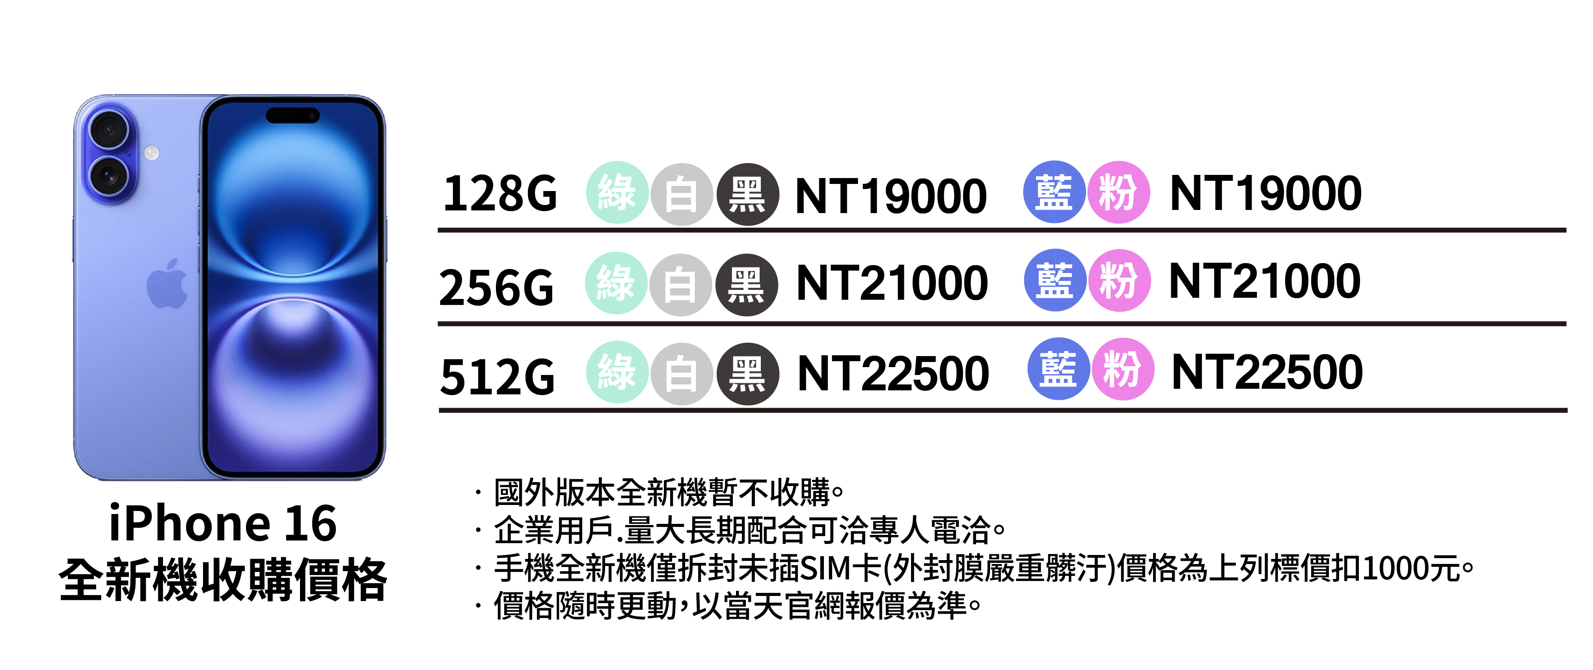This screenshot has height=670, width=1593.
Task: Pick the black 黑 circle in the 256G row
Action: click(746, 285)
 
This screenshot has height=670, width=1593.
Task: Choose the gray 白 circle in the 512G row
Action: click(682, 374)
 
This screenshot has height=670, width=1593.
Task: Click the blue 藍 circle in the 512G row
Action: click(1058, 369)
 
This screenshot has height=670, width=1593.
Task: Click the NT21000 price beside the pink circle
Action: click(1265, 281)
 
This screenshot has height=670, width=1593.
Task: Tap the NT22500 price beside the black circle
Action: click(893, 374)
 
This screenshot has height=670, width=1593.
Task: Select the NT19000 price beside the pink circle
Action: click(1265, 193)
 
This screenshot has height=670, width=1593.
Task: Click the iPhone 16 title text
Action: click(223, 523)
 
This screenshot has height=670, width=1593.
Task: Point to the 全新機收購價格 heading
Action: click(223, 580)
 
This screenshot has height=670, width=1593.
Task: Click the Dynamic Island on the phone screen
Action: click(293, 115)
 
